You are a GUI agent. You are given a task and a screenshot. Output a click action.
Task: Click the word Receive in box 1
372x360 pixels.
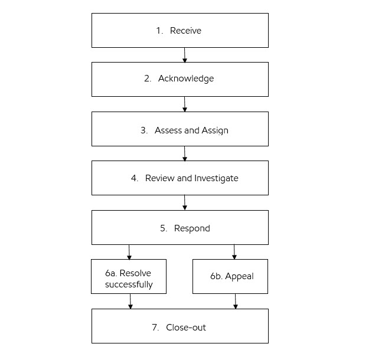point(185,31)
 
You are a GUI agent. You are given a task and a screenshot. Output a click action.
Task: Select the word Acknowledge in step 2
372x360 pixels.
point(186,78)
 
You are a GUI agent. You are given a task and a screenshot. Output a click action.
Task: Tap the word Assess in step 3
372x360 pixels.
point(168,130)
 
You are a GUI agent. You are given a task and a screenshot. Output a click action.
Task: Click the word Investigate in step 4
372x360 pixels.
point(216,178)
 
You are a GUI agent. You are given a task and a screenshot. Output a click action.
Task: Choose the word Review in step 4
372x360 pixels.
point(159,178)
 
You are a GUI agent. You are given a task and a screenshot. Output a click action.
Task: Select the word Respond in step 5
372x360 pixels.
point(192,228)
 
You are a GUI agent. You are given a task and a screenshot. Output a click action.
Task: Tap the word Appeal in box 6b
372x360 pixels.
point(239,276)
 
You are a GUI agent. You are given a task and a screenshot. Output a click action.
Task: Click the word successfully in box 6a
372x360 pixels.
point(129,284)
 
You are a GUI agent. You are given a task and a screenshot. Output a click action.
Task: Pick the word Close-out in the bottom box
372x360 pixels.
point(186,327)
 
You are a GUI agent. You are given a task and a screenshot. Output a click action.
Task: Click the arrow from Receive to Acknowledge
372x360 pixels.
point(185,55)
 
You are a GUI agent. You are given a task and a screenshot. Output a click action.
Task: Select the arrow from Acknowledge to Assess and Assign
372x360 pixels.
point(185,104)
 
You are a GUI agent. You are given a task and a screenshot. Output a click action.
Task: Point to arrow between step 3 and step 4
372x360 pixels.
point(185,153)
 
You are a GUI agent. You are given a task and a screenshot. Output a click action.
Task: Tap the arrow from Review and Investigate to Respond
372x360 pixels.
point(185,202)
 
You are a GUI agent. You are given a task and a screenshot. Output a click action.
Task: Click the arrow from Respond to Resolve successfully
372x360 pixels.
point(129,252)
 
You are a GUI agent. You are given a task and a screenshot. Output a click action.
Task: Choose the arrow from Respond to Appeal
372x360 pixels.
point(234,252)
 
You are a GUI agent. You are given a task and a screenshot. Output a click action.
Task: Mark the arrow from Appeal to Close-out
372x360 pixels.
point(236,301)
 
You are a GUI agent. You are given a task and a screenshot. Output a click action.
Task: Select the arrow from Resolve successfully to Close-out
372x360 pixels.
point(130,301)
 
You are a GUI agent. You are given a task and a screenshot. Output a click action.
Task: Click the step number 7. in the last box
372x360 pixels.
point(155,327)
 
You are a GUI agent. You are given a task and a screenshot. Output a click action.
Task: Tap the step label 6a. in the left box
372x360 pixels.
point(112,273)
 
